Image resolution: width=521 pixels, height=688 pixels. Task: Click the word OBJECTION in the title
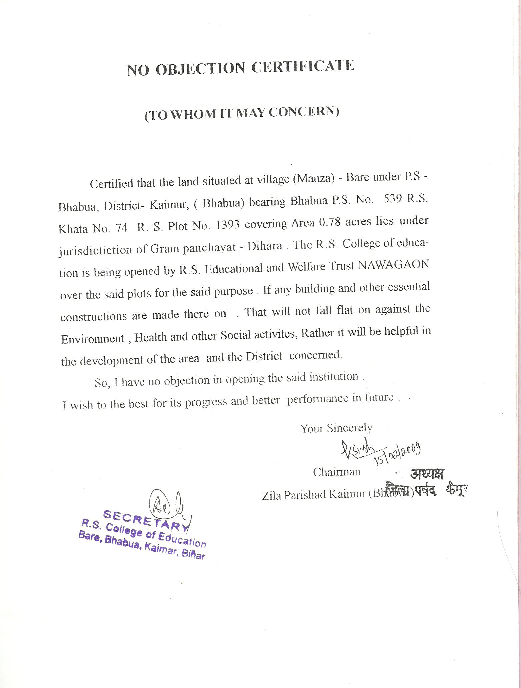(x=200, y=68)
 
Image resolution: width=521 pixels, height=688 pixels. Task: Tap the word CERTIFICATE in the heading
(x=303, y=66)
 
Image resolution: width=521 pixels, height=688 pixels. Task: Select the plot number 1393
(x=228, y=225)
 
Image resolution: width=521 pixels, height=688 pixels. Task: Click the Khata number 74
(x=121, y=228)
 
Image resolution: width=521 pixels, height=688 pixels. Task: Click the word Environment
(x=93, y=339)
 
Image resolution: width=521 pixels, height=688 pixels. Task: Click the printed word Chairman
(x=336, y=472)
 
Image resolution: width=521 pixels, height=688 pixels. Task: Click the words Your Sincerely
(x=336, y=428)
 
